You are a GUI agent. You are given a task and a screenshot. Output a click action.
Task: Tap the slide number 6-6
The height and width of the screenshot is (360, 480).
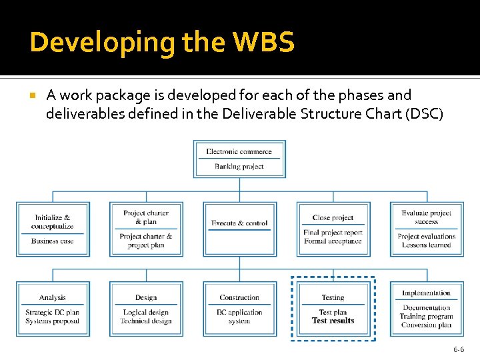(459, 349)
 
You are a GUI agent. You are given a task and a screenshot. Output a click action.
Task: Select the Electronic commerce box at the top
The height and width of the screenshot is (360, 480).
(239, 159)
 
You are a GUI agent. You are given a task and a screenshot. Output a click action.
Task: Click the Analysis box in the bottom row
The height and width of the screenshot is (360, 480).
(53, 309)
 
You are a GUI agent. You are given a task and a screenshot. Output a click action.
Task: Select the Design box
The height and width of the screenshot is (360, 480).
(146, 309)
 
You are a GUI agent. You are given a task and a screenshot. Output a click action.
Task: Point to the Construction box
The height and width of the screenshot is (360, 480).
(239, 309)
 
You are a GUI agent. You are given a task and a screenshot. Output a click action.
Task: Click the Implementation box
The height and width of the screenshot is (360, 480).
(426, 309)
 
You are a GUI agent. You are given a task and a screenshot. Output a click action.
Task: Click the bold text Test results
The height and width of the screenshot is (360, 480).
(333, 321)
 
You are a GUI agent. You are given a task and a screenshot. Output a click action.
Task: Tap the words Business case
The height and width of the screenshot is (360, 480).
(53, 241)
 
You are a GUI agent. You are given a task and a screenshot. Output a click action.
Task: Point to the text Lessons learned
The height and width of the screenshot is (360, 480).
(427, 245)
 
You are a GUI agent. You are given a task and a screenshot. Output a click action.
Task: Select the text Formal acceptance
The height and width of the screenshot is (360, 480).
(333, 241)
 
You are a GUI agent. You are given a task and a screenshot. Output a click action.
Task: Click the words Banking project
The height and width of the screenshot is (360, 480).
(239, 167)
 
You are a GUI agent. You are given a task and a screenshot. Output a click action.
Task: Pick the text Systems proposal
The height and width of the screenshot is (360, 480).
(53, 321)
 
